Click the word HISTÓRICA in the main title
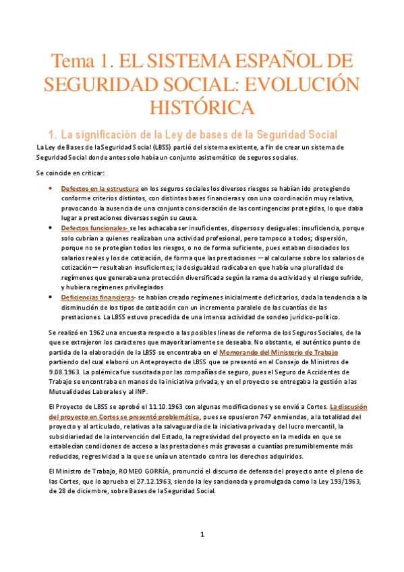click(x=202, y=106)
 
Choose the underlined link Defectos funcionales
click(x=96, y=229)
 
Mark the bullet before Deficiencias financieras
click(x=51, y=297)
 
